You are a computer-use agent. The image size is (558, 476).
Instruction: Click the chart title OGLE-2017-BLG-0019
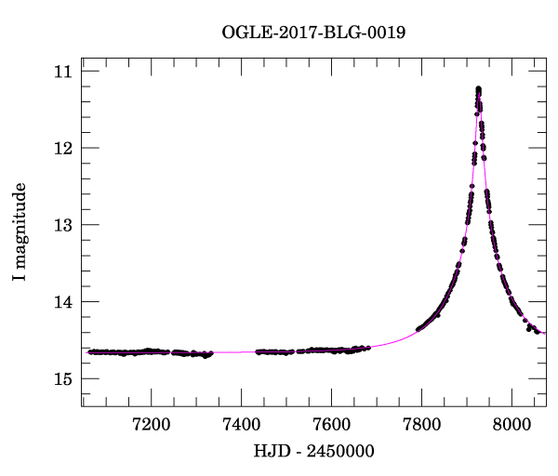[x=313, y=33]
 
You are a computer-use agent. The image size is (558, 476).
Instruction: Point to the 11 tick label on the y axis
[x=64, y=72]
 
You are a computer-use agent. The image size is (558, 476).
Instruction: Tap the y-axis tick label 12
[x=64, y=148]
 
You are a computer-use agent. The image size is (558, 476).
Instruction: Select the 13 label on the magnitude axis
[x=64, y=225]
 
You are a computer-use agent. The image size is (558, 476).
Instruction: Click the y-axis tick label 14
[x=64, y=302]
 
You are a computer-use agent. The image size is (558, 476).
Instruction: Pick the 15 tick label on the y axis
[x=64, y=379]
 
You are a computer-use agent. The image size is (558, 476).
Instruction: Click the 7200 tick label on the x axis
[x=152, y=424]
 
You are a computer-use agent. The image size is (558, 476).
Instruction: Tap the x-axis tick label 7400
[x=242, y=424]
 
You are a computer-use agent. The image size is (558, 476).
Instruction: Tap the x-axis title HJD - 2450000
[x=313, y=452]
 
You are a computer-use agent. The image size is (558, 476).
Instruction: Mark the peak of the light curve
[x=478, y=88]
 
